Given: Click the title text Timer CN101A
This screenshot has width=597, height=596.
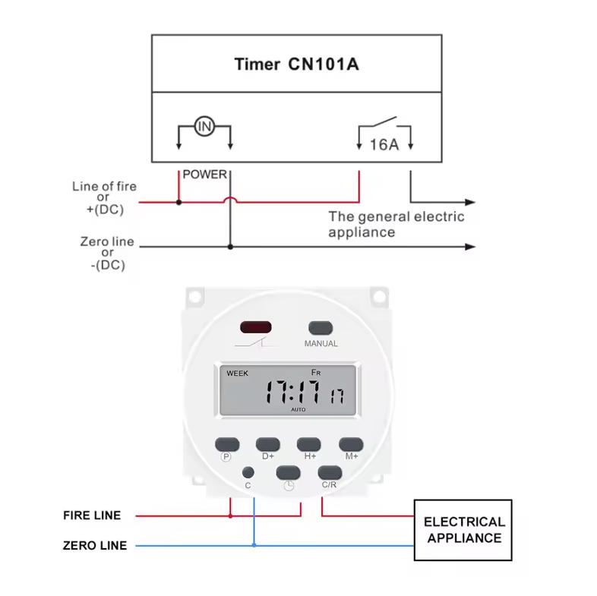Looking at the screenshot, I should [295, 64].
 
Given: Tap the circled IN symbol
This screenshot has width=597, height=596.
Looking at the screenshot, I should [204, 126].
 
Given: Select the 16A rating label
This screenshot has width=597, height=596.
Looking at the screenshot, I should [384, 144].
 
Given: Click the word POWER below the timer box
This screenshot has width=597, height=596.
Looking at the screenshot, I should [204, 175].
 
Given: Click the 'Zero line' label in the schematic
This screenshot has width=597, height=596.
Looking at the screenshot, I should [107, 242].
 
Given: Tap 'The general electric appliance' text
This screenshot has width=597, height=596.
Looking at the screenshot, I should [395, 224].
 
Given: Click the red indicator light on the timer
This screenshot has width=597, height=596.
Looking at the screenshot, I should [255, 328].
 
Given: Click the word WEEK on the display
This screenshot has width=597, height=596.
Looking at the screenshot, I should [237, 373].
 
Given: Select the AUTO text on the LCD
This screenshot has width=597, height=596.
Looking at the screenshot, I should [298, 409].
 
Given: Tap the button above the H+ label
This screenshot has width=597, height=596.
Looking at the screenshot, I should [309, 444].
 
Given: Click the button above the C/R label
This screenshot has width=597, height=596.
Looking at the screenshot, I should [330, 472].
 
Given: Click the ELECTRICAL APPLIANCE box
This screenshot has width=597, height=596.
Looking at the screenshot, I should [463, 530].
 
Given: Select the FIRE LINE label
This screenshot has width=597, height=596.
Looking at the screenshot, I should [91, 516].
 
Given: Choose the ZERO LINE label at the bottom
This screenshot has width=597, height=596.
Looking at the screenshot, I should [94, 545].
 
